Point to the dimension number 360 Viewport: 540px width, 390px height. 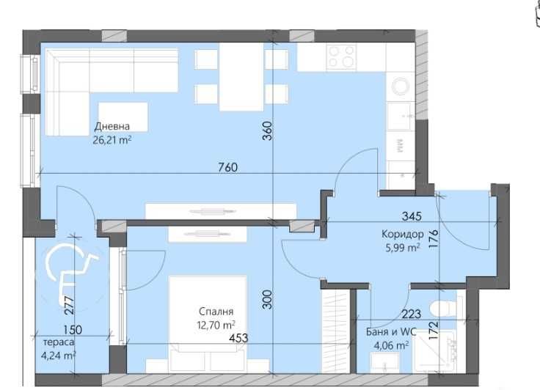click(x=267, y=130)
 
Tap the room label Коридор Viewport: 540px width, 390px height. click(x=403, y=235)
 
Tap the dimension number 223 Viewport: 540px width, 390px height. click(x=411, y=314)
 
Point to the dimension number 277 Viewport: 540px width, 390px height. click(x=67, y=303)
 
